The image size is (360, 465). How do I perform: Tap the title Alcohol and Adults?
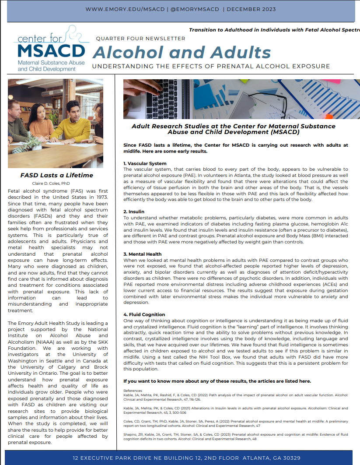(x=182, y=53)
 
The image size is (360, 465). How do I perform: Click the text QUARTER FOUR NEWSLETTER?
(x=140, y=39)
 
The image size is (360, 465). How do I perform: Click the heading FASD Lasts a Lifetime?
(x=57, y=175)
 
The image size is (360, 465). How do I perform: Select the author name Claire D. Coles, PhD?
(x=51, y=183)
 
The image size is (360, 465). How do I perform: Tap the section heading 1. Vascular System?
(x=145, y=164)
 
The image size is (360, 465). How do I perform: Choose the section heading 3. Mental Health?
(x=143, y=254)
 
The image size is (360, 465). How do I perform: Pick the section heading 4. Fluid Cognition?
(x=144, y=314)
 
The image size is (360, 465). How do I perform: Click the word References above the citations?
(x=133, y=391)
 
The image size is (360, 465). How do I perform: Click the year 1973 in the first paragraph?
(x=101, y=197)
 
